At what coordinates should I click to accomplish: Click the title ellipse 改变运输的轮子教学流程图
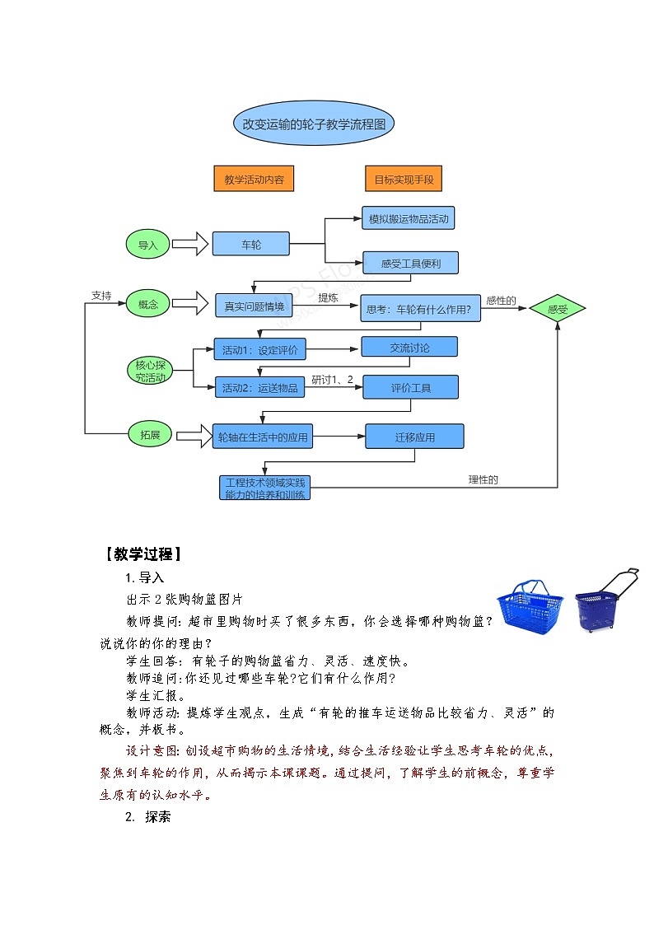(314, 124)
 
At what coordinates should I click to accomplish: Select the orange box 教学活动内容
(254, 180)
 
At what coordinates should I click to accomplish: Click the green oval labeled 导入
(147, 245)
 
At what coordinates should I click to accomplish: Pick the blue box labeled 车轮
(251, 245)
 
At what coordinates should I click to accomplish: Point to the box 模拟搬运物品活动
(409, 218)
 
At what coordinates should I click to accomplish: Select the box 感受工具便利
(410, 264)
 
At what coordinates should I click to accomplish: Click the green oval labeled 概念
(147, 305)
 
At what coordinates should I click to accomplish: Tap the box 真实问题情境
(255, 306)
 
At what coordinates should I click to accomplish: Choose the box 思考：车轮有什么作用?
(420, 310)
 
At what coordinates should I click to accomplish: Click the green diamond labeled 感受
(558, 310)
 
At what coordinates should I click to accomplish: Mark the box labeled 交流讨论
(409, 348)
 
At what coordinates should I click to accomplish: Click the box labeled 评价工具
(410, 388)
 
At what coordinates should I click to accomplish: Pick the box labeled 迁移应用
(414, 437)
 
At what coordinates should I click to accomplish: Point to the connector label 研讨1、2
(333, 380)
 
